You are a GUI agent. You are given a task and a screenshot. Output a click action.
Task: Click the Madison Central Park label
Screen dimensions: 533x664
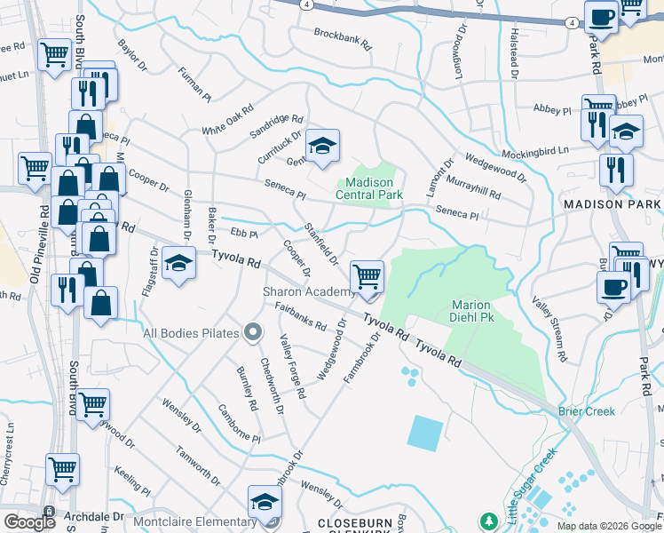(x=370, y=189)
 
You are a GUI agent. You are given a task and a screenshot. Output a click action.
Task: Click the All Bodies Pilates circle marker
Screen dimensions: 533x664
(x=252, y=333)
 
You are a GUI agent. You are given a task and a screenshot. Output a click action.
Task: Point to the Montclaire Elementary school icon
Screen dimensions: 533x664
(x=264, y=503)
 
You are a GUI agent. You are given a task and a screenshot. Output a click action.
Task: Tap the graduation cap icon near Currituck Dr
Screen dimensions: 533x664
(x=322, y=147)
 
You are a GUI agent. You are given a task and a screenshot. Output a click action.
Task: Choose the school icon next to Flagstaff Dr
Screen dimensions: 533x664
(x=178, y=264)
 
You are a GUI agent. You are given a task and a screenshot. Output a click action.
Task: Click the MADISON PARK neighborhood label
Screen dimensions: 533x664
(x=613, y=204)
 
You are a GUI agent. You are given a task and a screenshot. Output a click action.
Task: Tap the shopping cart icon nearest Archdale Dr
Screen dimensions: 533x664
(x=62, y=470)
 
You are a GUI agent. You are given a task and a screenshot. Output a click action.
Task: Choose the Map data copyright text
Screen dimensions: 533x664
(x=608, y=526)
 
